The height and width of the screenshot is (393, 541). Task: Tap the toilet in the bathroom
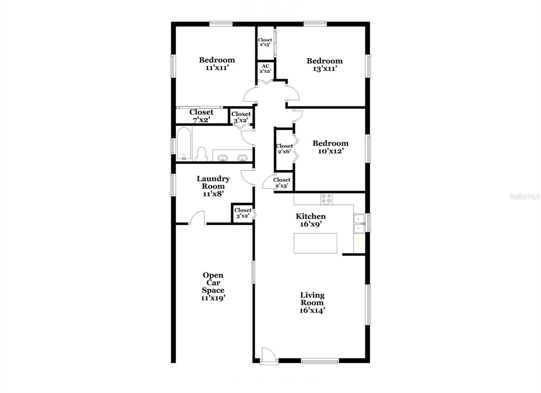tap(202, 154)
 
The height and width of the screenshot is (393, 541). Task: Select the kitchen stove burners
tap(326, 199)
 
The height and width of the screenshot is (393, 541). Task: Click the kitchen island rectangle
tap(315, 243)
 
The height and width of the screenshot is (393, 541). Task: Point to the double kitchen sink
tap(359, 224)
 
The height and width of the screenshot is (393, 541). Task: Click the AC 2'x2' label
tap(265, 69)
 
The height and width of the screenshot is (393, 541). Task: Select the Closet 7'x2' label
tap(202, 116)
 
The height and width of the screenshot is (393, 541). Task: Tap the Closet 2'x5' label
tap(265, 42)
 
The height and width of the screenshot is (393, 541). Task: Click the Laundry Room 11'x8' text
tap(213, 186)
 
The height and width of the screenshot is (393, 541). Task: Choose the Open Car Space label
tap(213, 287)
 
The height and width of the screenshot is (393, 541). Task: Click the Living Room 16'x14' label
tap(312, 303)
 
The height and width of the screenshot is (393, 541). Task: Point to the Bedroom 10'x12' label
tap(330, 147)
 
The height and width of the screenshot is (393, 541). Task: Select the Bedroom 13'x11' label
tap(325, 65)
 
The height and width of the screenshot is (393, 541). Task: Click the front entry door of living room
tap(269, 356)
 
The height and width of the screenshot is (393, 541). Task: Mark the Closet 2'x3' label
tap(282, 183)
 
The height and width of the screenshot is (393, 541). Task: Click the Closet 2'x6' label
tap(284, 149)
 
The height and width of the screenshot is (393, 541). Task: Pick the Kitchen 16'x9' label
tap(311, 220)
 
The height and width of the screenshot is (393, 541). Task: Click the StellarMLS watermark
tap(524, 197)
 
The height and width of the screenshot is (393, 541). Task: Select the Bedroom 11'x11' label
tap(217, 64)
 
